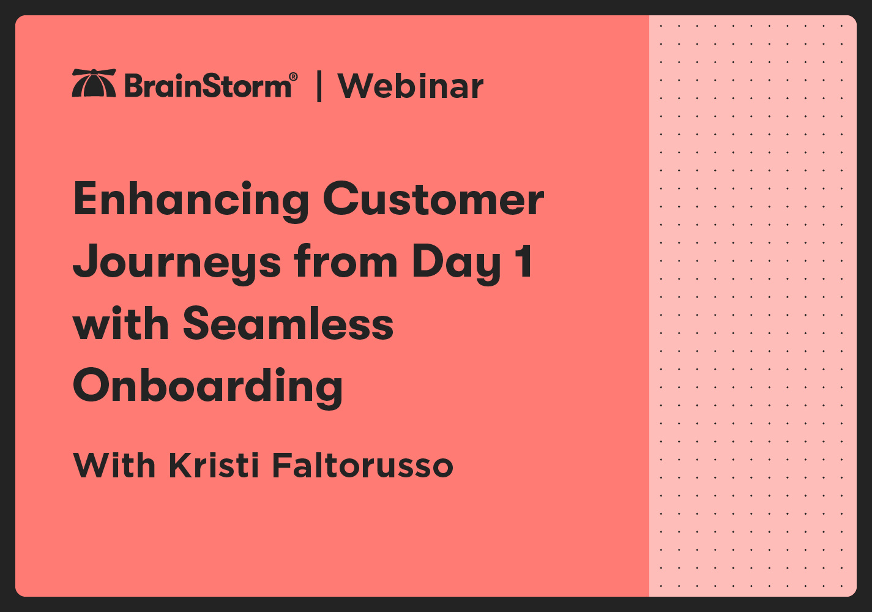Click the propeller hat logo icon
point(94,83)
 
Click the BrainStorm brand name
point(207,86)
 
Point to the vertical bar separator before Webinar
point(319,86)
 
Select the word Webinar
point(410,86)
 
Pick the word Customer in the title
point(433,200)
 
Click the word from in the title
point(346,261)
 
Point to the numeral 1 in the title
point(523,261)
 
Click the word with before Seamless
point(121,324)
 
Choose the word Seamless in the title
point(288,324)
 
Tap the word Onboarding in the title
point(208,387)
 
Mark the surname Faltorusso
point(362,466)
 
